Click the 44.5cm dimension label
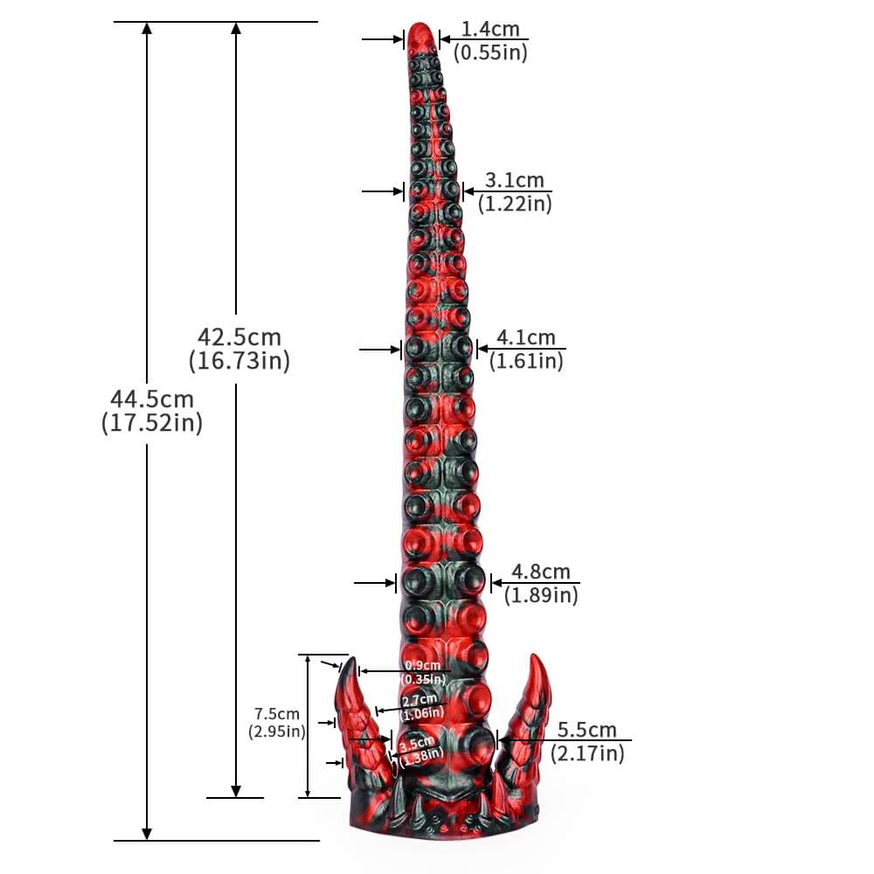coord(151,399)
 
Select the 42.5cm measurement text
coord(239,336)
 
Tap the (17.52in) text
coord(151,423)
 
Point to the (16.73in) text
coord(239,360)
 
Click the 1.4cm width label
coord(490,29)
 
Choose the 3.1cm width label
coord(515,181)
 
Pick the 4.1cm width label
coord(526,337)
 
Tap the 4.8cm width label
coord(540,572)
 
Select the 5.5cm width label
coord(587,730)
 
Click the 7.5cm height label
coord(276,714)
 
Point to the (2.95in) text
coord(276,732)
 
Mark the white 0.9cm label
coord(424,666)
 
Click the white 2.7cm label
coord(420,700)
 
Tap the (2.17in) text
coord(587,753)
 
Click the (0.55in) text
coord(490,52)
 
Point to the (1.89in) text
coord(540,595)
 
